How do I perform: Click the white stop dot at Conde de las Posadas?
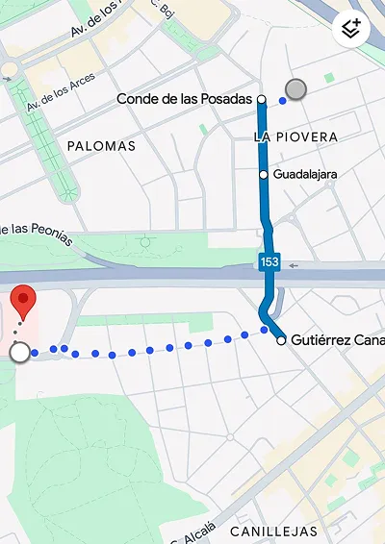[x=262, y=99]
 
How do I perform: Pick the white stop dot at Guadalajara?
[x=263, y=175]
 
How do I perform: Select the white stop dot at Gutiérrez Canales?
[x=280, y=340]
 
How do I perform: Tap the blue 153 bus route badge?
[x=269, y=261]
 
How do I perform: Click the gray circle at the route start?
[x=296, y=89]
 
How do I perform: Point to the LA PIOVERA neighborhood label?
[x=295, y=137]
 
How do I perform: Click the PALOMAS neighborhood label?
[x=101, y=146]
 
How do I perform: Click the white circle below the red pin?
[x=18, y=354]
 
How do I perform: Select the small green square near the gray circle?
[x=329, y=77]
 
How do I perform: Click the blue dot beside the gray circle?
[x=282, y=99]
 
